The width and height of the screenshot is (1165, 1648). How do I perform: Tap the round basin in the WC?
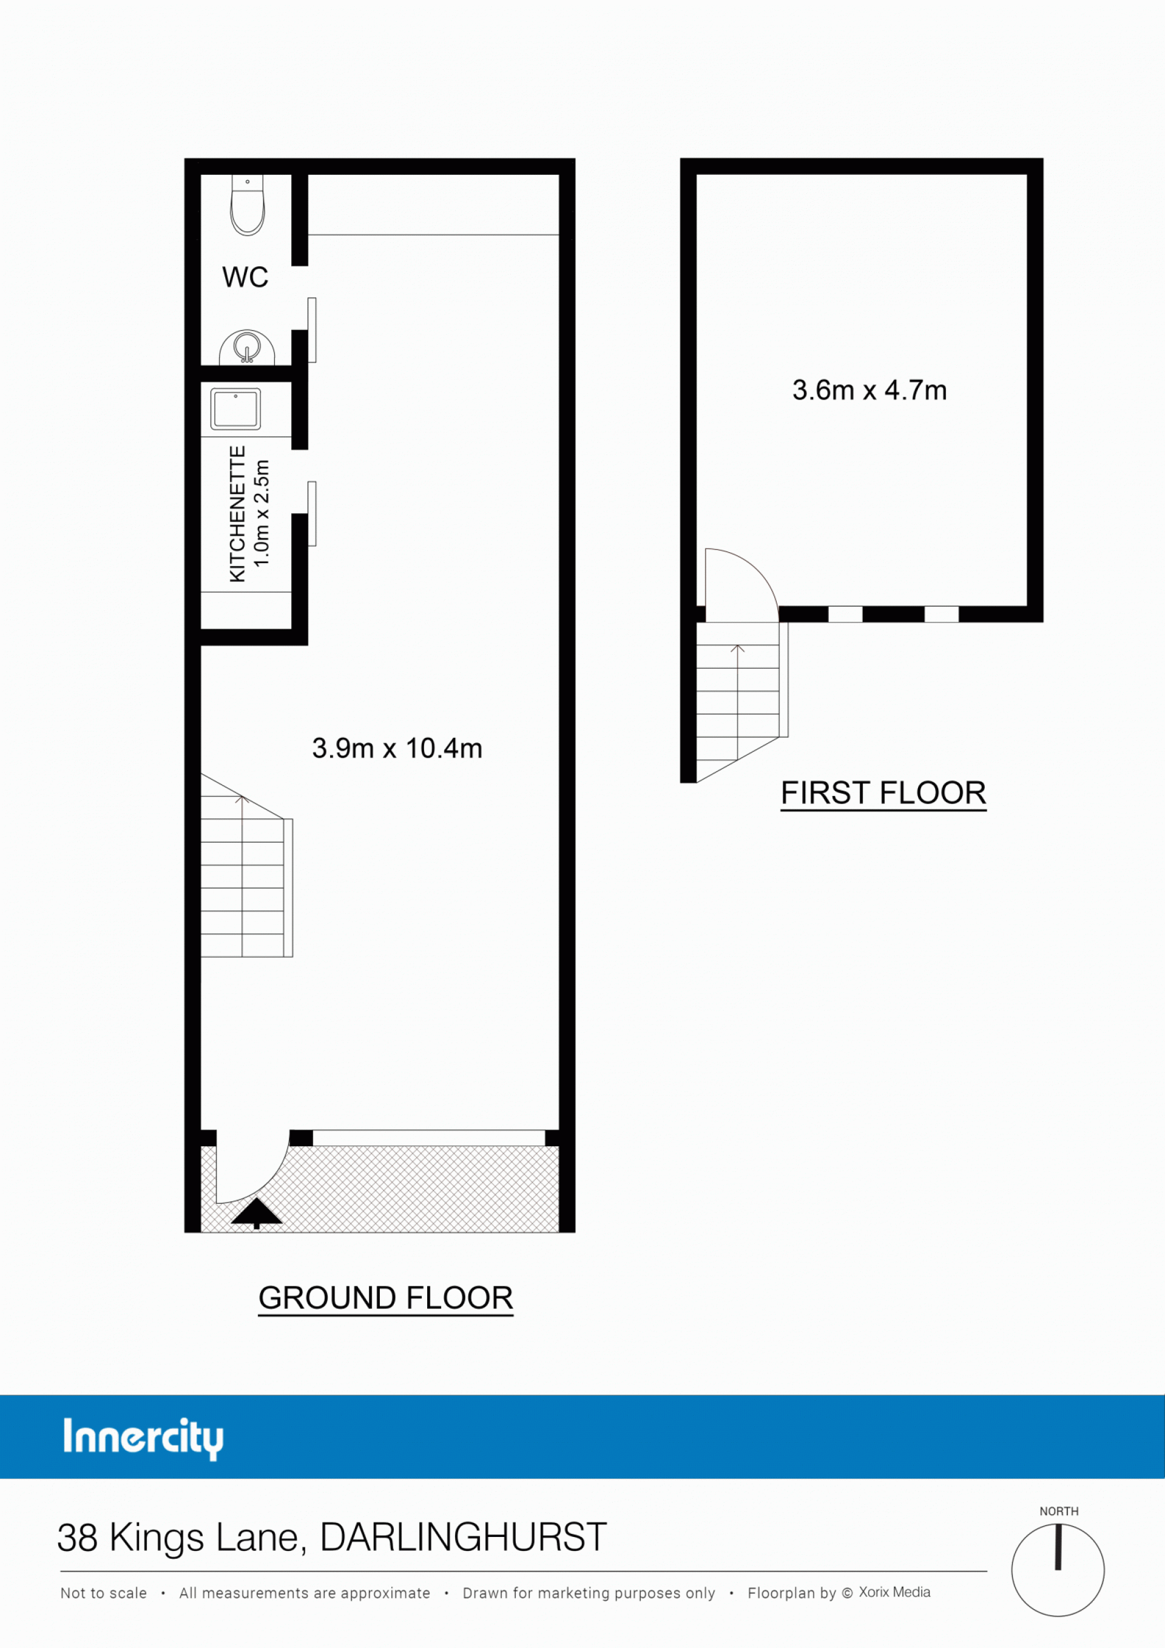(247, 348)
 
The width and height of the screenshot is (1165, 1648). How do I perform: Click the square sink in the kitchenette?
(235, 409)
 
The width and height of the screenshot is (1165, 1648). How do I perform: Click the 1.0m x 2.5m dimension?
(262, 513)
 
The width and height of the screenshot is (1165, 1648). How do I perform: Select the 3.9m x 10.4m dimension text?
(397, 749)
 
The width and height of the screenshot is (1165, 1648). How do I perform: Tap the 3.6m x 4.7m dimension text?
(870, 391)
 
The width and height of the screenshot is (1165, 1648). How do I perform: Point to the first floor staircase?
(742, 701)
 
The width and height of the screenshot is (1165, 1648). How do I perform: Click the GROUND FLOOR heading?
(385, 1298)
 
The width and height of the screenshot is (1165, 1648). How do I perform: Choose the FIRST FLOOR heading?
(883, 793)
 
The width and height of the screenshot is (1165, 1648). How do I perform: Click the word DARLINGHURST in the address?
(463, 1538)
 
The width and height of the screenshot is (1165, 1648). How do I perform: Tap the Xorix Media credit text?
(894, 1592)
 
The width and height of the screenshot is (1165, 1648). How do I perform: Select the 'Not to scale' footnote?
(103, 1593)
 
